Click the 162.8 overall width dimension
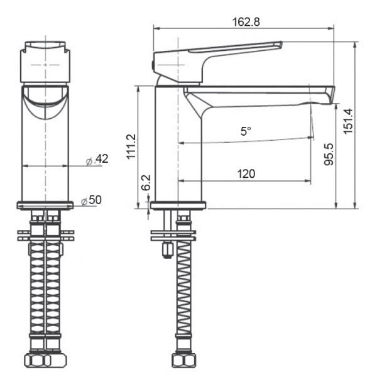point(246,21)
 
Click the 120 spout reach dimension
point(246,173)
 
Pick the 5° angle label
point(245,131)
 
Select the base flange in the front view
point(45,205)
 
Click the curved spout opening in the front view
point(45,101)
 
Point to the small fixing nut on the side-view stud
point(168,251)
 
